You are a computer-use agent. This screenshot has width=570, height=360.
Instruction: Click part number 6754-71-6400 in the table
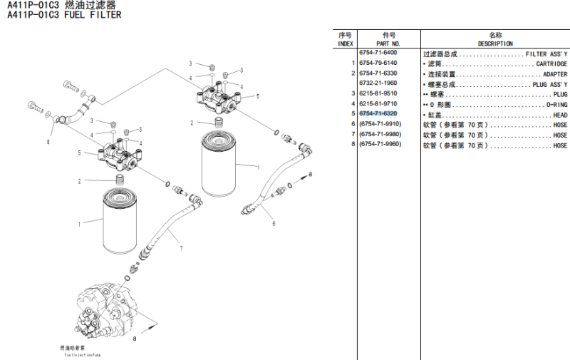coord(378,53)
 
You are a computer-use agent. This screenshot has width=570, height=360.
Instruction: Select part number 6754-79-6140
coord(378,63)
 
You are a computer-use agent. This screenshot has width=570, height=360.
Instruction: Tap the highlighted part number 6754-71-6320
coord(378,114)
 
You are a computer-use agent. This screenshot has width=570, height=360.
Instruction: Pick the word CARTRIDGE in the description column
coord(551,63)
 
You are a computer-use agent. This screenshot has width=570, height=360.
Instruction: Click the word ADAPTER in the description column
coord(555,74)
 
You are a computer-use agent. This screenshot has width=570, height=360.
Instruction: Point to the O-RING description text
coord(556,104)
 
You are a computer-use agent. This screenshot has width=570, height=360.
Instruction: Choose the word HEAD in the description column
coord(560,114)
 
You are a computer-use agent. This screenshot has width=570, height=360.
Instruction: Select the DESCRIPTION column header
coord(495,43)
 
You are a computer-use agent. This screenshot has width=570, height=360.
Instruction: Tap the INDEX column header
coord(346,43)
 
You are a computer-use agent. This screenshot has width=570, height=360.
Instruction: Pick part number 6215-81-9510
coord(378,94)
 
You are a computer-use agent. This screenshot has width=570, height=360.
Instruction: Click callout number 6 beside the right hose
coord(274,223)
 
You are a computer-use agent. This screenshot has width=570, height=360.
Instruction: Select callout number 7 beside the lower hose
coord(181,248)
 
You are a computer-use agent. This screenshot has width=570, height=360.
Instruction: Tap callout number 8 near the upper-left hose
coord(48,142)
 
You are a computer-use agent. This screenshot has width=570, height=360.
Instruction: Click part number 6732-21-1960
coord(378,83)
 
